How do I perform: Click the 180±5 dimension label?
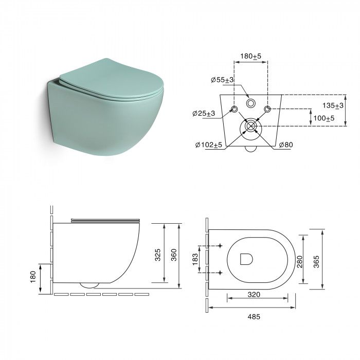point(251,56)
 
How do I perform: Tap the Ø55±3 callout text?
point(222,80)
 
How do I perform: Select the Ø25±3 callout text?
point(204,114)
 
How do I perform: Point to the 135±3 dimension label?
point(333,105)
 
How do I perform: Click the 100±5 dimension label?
point(324,118)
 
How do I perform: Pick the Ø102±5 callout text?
point(209,145)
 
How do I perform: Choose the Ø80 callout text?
point(286,145)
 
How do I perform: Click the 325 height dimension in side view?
point(158,255)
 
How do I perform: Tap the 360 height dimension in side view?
point(174,255)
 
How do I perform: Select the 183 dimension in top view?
point(195,259)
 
